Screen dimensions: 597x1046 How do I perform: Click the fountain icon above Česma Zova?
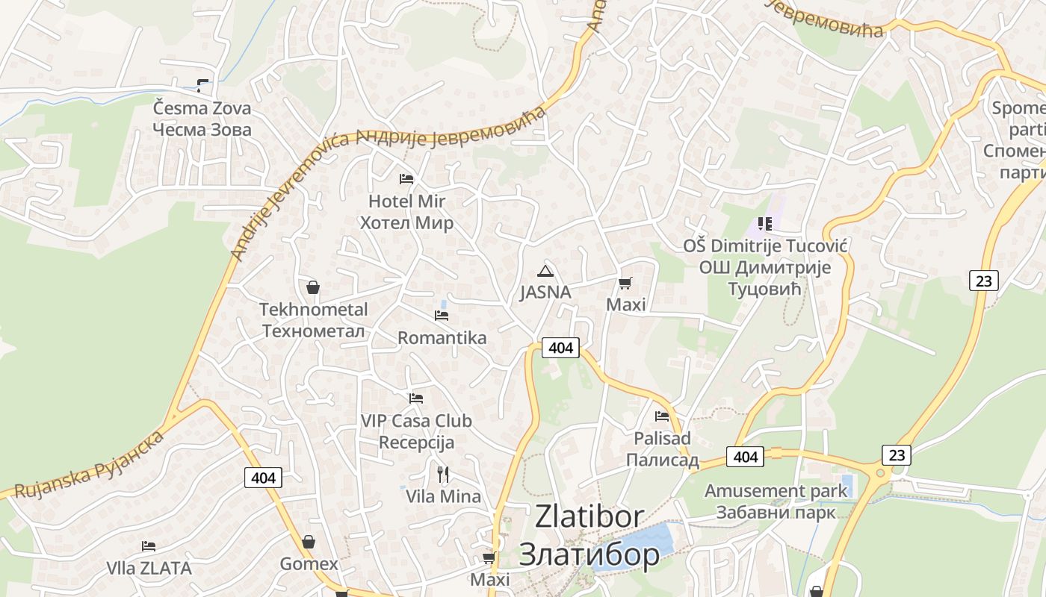pos(202,86)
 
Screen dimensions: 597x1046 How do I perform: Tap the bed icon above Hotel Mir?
pos(406,179)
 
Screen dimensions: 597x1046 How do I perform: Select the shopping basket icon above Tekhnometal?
pos(313,287)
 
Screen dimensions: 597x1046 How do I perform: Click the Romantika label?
pos(442,338)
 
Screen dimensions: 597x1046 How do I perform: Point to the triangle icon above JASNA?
pos(545,271)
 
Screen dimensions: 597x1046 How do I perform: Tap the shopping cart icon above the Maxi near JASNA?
pos(625,283)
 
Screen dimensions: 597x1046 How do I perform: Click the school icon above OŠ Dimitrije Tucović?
pos(764,223)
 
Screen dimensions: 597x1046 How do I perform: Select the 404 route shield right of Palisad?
pos(746,457)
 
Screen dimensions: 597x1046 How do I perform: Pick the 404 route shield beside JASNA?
pos(560,348)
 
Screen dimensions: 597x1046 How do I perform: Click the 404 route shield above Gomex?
pos(264,478)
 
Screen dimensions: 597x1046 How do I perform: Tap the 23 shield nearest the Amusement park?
pos(896,454)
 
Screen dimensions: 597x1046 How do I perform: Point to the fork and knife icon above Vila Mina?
pos(443,474)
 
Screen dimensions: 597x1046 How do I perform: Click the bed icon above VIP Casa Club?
pos(416,398)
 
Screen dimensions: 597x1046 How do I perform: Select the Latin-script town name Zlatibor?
pos(589,516)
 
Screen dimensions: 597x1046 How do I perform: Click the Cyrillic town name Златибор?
pos(589,554)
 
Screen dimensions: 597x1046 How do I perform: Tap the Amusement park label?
pos(776,491)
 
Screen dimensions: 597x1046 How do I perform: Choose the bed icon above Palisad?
pos(662,416)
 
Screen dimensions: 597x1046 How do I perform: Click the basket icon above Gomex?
pos(309,542)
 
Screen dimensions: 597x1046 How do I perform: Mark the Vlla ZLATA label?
pos(149,569)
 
